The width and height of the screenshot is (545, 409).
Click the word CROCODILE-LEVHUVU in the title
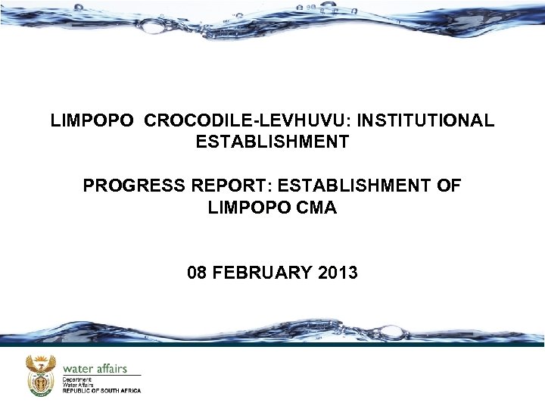(x=248, y=120)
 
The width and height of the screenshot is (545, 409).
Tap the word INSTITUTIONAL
(x=426, y=120)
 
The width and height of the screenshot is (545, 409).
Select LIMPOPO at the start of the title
(x=93, y=120)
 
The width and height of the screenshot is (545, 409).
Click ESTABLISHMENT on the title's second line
(x=272, y=142)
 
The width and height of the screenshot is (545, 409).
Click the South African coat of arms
(x=41, y=375)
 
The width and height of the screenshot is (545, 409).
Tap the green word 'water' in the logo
(x=79, y=369)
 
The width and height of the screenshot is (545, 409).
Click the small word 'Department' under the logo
(x=77, y=379)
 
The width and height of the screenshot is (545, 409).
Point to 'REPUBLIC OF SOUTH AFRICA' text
(x=101, y=391)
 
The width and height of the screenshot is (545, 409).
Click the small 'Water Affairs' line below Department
(x=77, y=384)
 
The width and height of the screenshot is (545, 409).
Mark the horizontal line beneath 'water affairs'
(x=101, y=375)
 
